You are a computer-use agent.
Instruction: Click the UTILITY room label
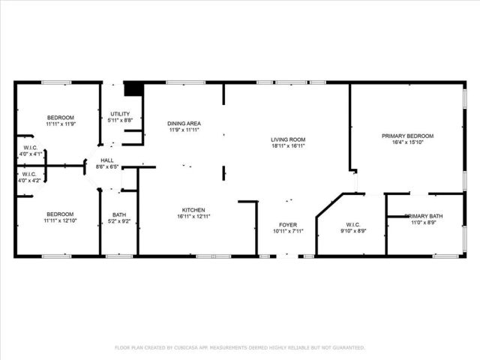tap(120, 113)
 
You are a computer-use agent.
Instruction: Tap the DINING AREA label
tap(184, 124)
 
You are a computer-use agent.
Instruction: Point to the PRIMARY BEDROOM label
tap(407, 136)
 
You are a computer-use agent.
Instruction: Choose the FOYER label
tap(288, 224)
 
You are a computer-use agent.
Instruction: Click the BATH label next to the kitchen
tap(119, 214)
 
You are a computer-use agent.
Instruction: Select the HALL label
tap(107, 160)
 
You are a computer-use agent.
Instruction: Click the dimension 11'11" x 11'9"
tap(61, 124)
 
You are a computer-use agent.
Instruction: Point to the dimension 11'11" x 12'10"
tap(61, 221)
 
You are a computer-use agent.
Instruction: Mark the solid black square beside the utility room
tap(133, 89)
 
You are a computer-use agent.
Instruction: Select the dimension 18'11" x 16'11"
tap(288, 146)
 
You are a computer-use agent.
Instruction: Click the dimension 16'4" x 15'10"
tap(407, 142)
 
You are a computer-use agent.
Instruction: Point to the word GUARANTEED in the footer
tap(348, 348)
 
